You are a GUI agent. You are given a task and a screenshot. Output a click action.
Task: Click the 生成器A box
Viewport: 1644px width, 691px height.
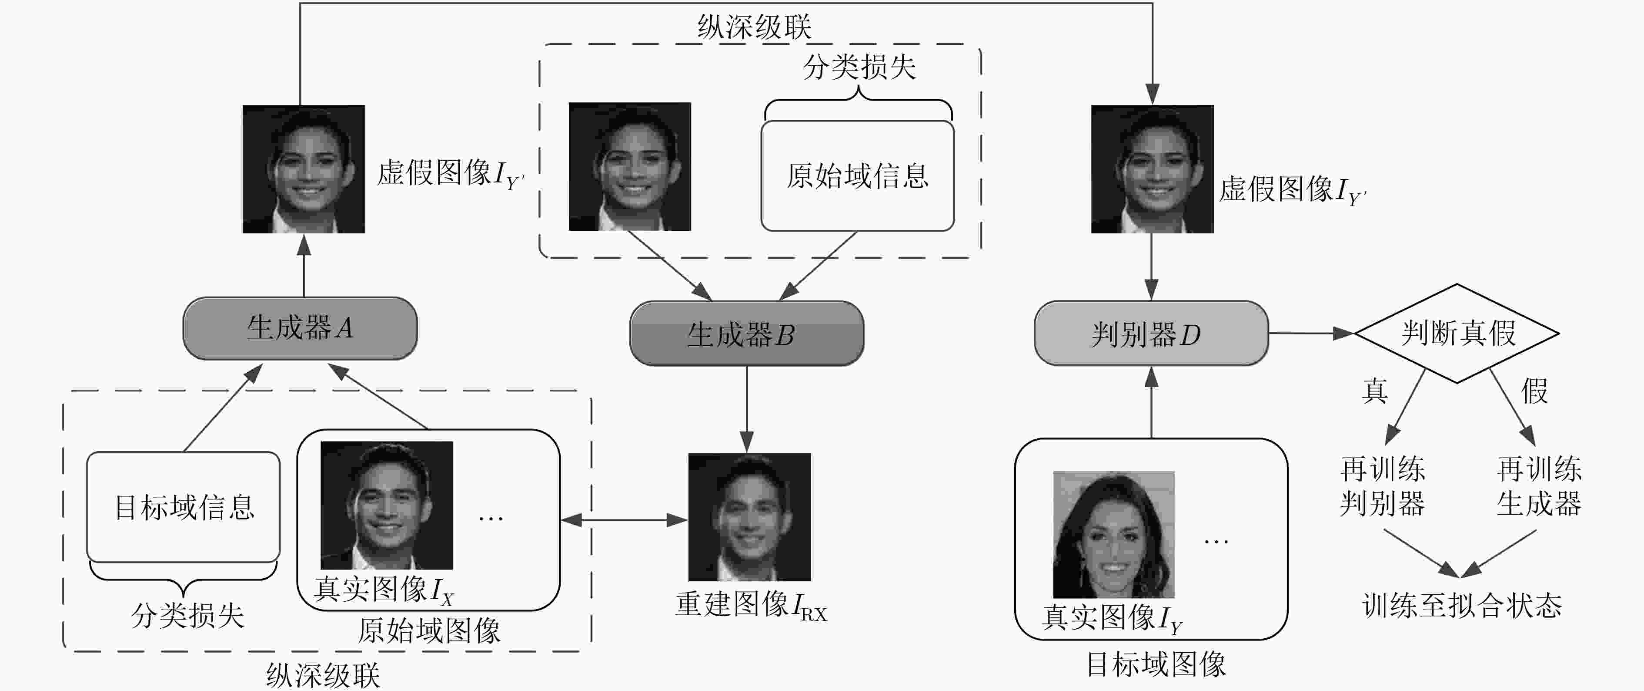pos(300,328)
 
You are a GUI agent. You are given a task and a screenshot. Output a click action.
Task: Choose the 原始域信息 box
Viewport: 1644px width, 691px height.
pos(857,175)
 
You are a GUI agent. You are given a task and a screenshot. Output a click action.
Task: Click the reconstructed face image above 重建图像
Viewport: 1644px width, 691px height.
pos(749,517)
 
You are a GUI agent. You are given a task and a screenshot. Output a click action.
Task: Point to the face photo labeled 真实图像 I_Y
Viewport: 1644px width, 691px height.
pos(1114,535)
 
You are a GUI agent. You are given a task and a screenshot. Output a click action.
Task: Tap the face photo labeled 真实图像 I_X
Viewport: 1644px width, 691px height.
pos(386,505)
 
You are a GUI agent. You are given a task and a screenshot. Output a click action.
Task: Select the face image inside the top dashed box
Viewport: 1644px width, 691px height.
pos(629,167)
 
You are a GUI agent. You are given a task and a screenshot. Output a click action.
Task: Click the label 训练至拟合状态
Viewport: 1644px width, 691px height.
pos(1461,605)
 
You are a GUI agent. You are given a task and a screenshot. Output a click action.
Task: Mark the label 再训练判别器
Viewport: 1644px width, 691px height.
pos(1382,487)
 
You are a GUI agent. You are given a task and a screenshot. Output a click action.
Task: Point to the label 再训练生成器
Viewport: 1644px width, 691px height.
pos(1539,487)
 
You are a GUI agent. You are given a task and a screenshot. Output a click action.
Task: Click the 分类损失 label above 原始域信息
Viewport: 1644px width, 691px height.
pos(859,67)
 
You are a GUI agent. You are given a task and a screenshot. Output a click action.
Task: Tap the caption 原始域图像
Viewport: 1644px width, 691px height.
pos(429,631)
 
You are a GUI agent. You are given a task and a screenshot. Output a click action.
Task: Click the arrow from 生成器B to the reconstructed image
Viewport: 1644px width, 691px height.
pos(747,409)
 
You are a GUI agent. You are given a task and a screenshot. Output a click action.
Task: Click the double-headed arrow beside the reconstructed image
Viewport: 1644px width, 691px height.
pos(624,520)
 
